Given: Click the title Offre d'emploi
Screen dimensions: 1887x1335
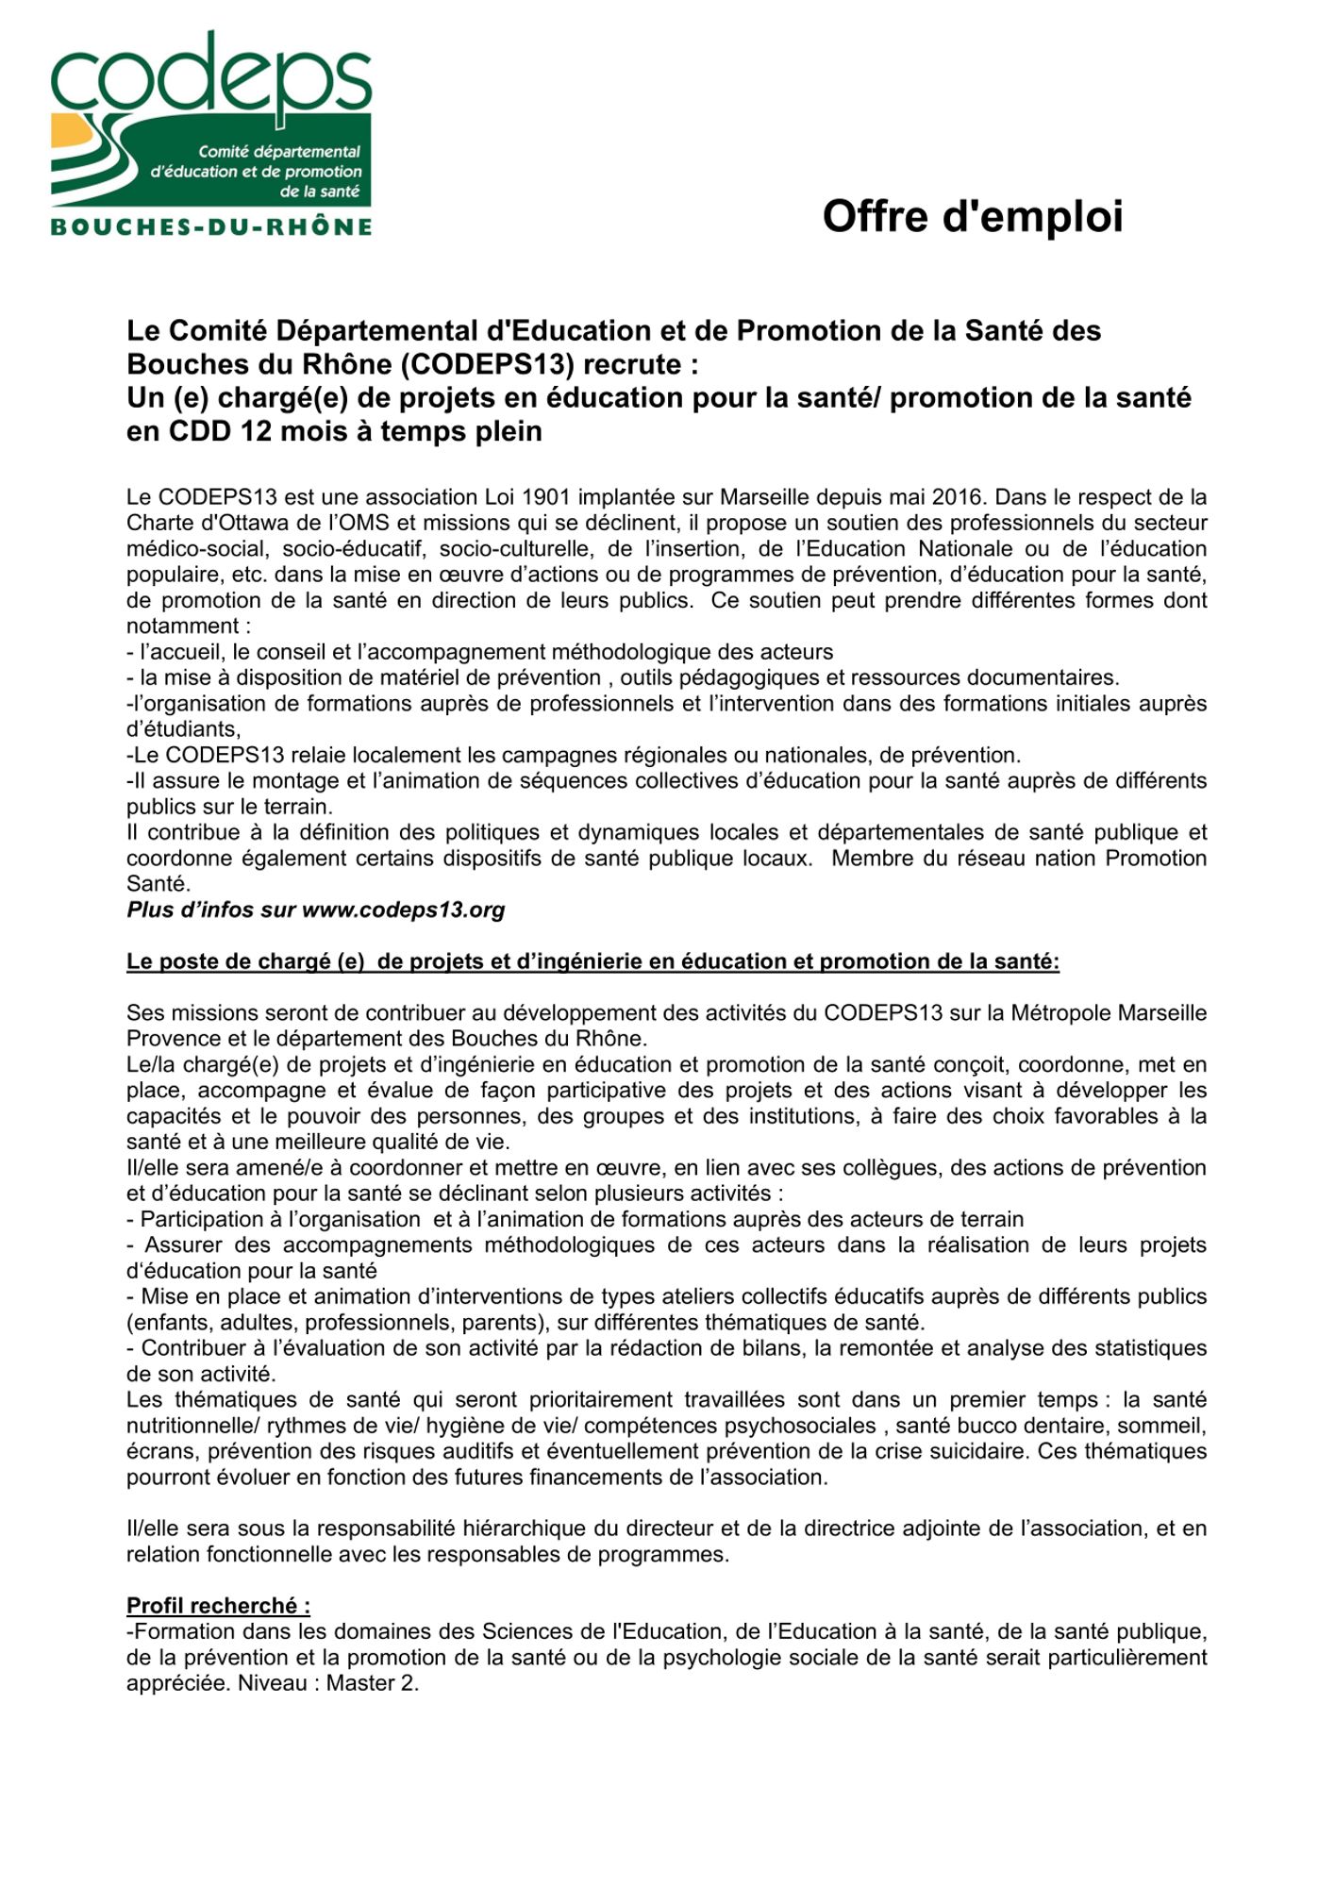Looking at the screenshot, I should coord(972,216).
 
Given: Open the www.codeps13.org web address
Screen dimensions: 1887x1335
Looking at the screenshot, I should coord(403,910).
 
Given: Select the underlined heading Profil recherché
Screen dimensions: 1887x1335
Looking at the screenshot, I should coord(218,1606).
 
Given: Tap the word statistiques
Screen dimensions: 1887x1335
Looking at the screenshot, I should coord(1150,1348).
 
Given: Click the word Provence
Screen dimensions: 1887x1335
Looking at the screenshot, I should coord(171,1039).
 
